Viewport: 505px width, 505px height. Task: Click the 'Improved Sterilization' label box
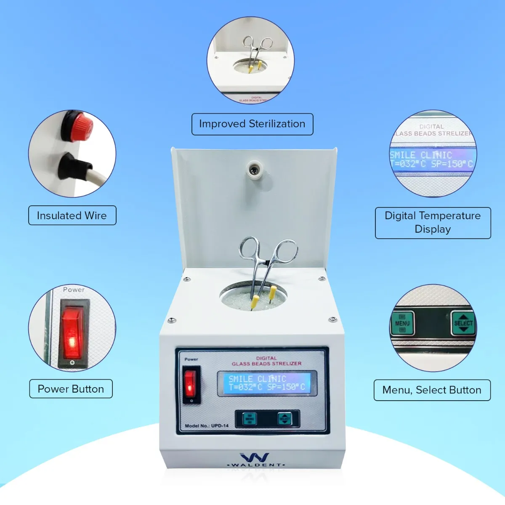click(x=252, y=124)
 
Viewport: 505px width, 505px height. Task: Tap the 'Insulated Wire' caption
click(x=72, y=215)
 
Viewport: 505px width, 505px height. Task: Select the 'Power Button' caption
click(x=71, y=389)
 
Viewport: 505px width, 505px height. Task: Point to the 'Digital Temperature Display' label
click(x=433, y=223)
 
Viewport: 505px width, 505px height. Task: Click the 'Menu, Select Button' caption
click(x=432, y=390)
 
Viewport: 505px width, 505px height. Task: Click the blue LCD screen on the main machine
click(x=267, y=383)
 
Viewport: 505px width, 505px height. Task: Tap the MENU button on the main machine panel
click(x=250, y=419)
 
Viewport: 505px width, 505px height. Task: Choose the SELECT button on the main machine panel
click(x=284, y=419)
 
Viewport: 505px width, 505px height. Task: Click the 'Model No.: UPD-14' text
click(x=207, y=426)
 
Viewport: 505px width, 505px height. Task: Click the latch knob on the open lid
click(x=254, y=169)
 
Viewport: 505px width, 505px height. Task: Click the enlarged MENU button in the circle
click(x=402, y=323)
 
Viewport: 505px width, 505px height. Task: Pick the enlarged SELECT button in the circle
click(x=463, y=323)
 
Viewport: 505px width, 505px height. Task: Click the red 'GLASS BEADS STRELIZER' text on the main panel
click(x=266, y=363)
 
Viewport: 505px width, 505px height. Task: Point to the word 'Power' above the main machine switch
click(x=191, y=359)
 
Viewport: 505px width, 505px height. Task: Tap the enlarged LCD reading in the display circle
click(x=432, y=159)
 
